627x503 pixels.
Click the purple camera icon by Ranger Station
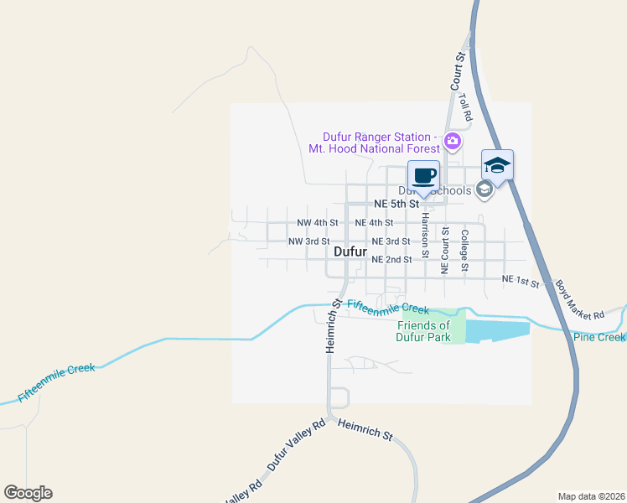point(453,140)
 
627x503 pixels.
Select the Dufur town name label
point(350,251)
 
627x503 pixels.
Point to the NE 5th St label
point(396,204)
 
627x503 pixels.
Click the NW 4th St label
point(318,223)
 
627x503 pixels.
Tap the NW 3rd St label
point(308,241)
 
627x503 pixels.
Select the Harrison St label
point(425,235)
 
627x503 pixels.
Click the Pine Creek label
point(600,337)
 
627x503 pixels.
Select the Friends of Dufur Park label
point(423,331)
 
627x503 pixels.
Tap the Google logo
point(28,493)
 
